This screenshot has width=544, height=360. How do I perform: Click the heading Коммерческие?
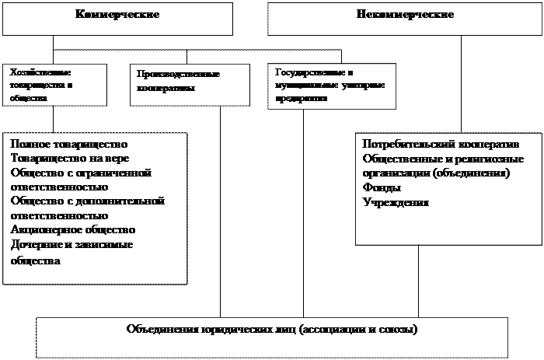pyautogui.click(x=118, y=15)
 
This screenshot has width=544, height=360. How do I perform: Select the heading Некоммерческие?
pyautogui.click(x=405, y=15)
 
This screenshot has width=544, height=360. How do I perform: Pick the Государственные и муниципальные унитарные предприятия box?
pyautogui.click(x=330, y=85)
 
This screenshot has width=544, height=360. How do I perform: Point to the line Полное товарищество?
pyautogui.click(x=68, y=145)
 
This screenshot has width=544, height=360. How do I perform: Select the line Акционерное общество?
pyautogui.click(x=73, y=230)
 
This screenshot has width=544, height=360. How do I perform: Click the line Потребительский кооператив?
pyautogui.click(x=439, y=145)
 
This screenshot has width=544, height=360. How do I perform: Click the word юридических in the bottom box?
pyautogui.click(x=232, y=329)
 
